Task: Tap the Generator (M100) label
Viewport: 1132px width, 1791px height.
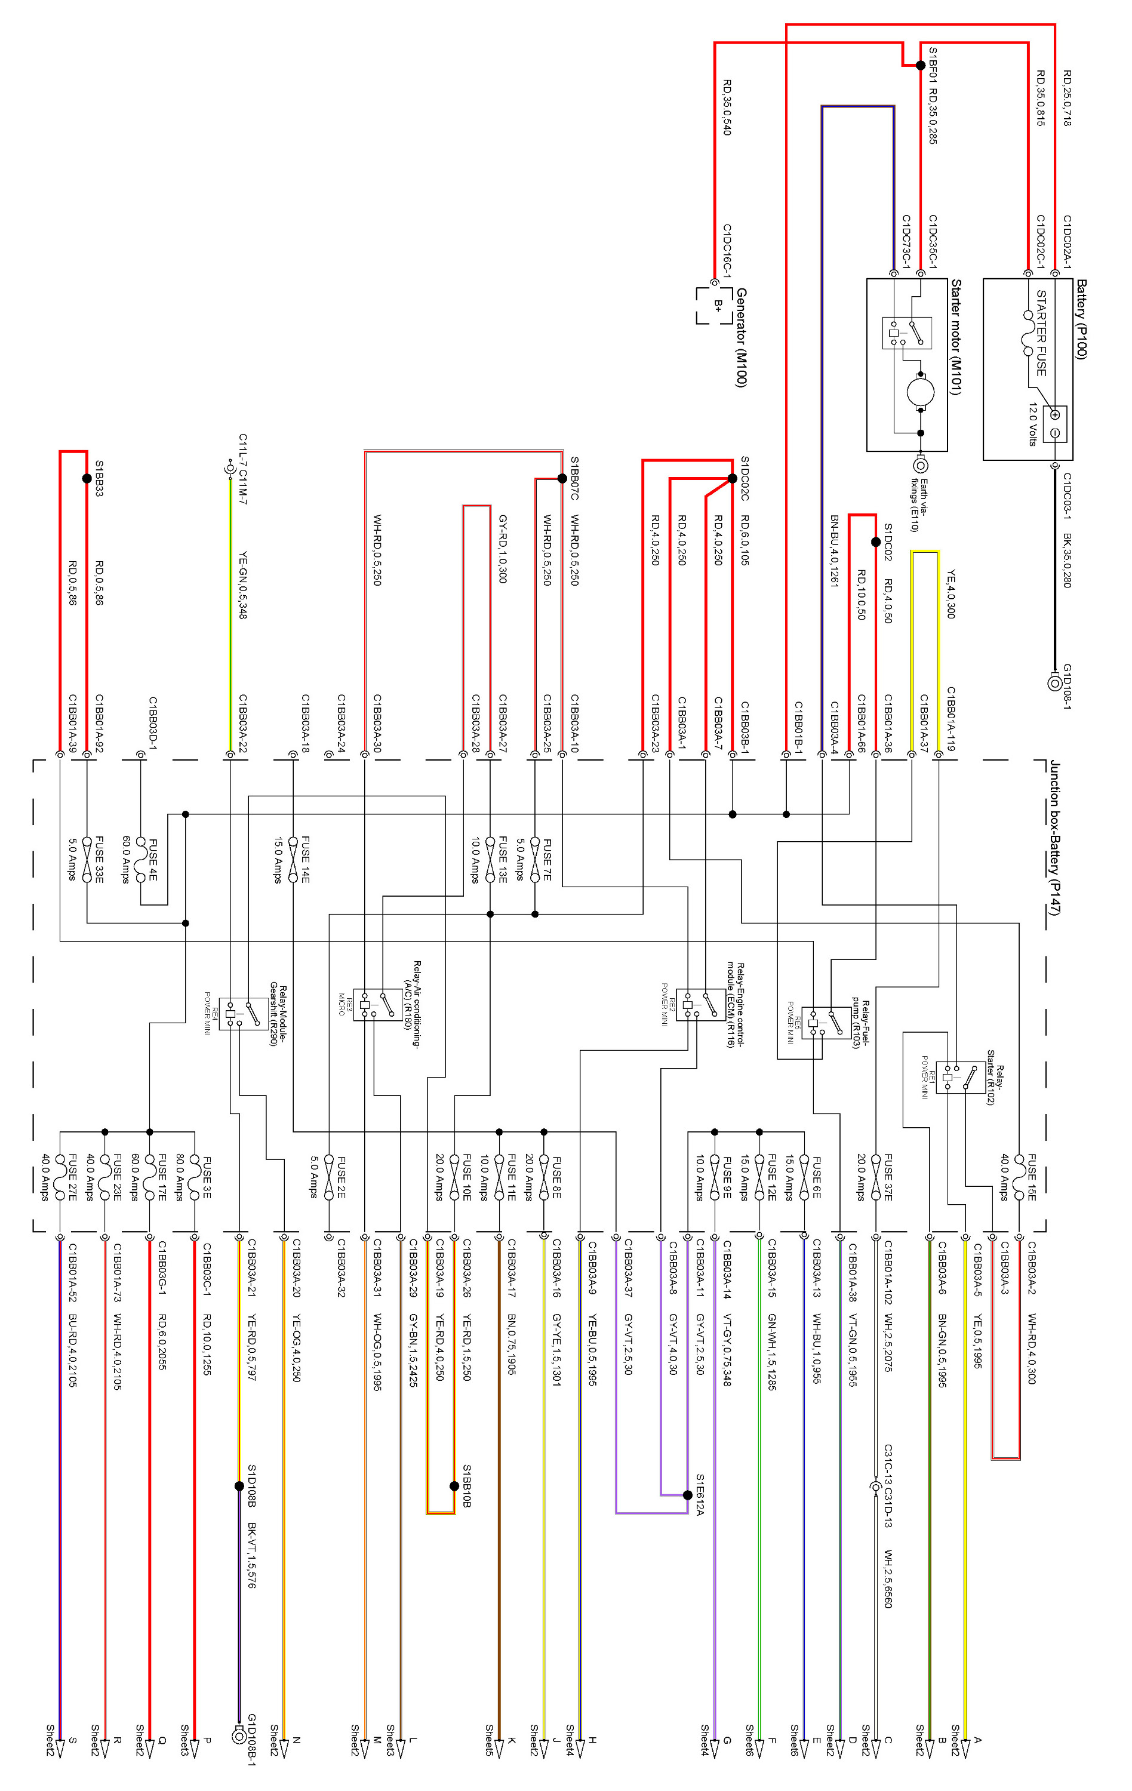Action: click(x=741, y=338)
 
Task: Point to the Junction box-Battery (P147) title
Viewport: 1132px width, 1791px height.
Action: click(x=1054, y=838)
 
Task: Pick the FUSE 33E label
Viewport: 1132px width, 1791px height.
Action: click(x=100, y=859)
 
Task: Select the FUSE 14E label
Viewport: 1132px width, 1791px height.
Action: click(x=305, y=859)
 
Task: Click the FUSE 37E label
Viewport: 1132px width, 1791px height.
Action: click(x=888, y=1177)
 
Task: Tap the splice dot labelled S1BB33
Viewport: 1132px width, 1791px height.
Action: click(x=87, y=478)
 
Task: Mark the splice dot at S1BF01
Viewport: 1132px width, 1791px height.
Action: click(x=920, y=66)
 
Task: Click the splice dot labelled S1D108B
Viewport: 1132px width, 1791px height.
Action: click(x=239, y=1486)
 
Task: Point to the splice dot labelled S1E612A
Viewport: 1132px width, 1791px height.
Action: click(x=688, y=1495)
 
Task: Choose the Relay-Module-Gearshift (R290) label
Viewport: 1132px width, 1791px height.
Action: click(x=279, y=1016)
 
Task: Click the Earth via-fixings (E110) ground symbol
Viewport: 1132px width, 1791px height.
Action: click(x=921, y=466)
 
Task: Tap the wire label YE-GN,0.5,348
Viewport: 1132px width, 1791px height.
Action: click(x=242, y=584)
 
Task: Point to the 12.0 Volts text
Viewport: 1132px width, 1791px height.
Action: click(x=1033, y=424)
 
